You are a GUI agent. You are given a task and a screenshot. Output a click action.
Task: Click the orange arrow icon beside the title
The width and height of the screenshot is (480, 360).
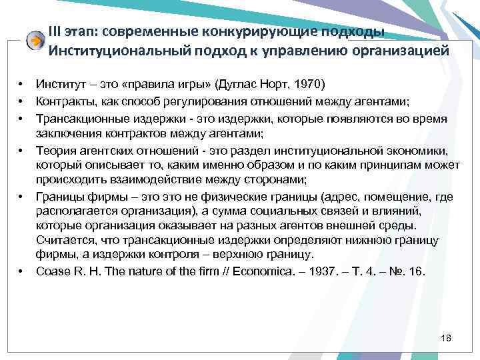coord(35,41)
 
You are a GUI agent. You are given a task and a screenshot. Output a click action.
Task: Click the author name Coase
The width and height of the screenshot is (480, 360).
coord(52,271)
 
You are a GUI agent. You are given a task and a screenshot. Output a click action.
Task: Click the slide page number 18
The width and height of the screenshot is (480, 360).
coord(446,339)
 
